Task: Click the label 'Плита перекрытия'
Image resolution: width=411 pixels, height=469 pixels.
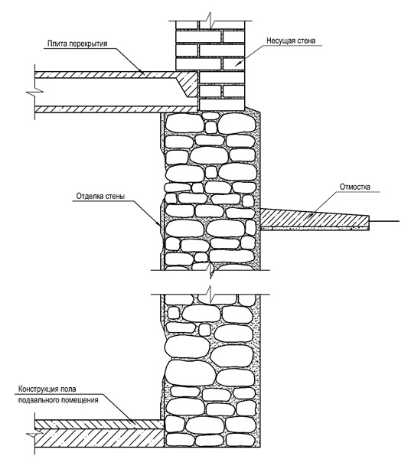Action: click(77, 44)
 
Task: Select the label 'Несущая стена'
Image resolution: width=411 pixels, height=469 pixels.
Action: click(291, 41)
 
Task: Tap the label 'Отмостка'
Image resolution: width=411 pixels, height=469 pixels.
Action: click(355, 187)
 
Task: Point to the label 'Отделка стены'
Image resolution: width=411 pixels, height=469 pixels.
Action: click(100, 196)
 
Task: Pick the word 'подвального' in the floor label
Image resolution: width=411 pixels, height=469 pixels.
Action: click(38, 400)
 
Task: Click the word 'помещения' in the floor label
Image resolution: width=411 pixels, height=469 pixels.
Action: click(80, 400)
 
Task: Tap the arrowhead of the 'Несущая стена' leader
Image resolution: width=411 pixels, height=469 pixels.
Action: click(238, 63)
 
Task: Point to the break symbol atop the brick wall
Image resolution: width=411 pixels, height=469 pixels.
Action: click(210, 21)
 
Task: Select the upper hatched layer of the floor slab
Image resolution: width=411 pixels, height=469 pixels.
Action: click(108, 74)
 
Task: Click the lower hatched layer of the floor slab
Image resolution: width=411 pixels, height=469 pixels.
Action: click(116, 109)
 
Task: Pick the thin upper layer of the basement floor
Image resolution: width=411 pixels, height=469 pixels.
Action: click(99, 424)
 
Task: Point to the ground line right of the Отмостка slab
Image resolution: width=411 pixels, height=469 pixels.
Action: click(384, 221)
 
